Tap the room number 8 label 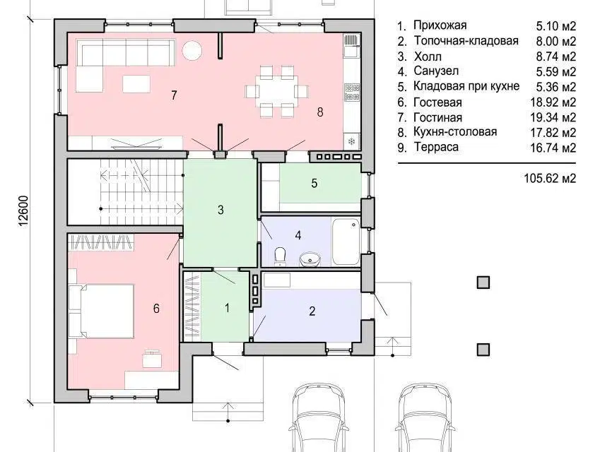(x=319, y=111)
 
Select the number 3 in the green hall (x=220, y=209)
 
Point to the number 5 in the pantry (x=314, y=183)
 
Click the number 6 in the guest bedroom (x=156, y=308)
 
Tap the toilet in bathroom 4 (x=281, y=255)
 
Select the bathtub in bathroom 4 (x=346, y=242)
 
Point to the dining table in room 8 (x=277, y=90)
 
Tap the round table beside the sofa (x=192, y=50)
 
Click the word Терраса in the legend (x=437, y=147)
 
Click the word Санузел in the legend (x=437, y=71)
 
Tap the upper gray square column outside (x=483, y=282)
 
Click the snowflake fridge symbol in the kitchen (x=351, y=141)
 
